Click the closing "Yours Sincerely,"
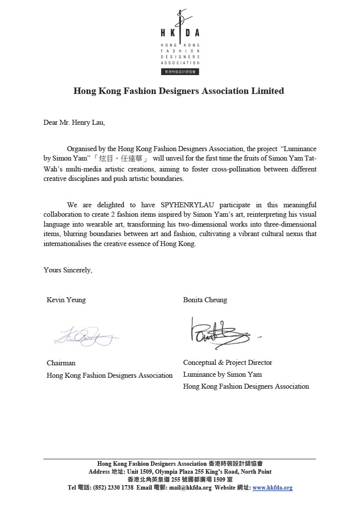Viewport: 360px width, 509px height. [x=68, y=270]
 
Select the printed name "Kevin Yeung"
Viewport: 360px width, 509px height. [x=66, y=300]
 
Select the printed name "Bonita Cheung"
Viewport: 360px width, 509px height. [x=205, y=300]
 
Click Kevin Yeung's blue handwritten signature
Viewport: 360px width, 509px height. [x=85, y=337]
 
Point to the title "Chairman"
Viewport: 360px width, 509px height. [x=61, y=363]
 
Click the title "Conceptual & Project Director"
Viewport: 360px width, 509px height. [x=228, y=362]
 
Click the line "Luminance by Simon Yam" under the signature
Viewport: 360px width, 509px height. [x=222, y=374]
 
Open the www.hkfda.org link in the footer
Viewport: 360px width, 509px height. [x=272, y=488]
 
